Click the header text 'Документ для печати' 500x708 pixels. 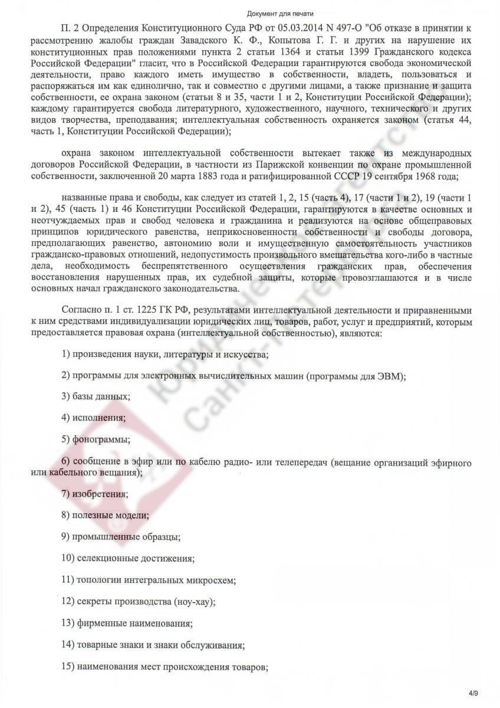249,13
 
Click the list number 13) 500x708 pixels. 67,622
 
